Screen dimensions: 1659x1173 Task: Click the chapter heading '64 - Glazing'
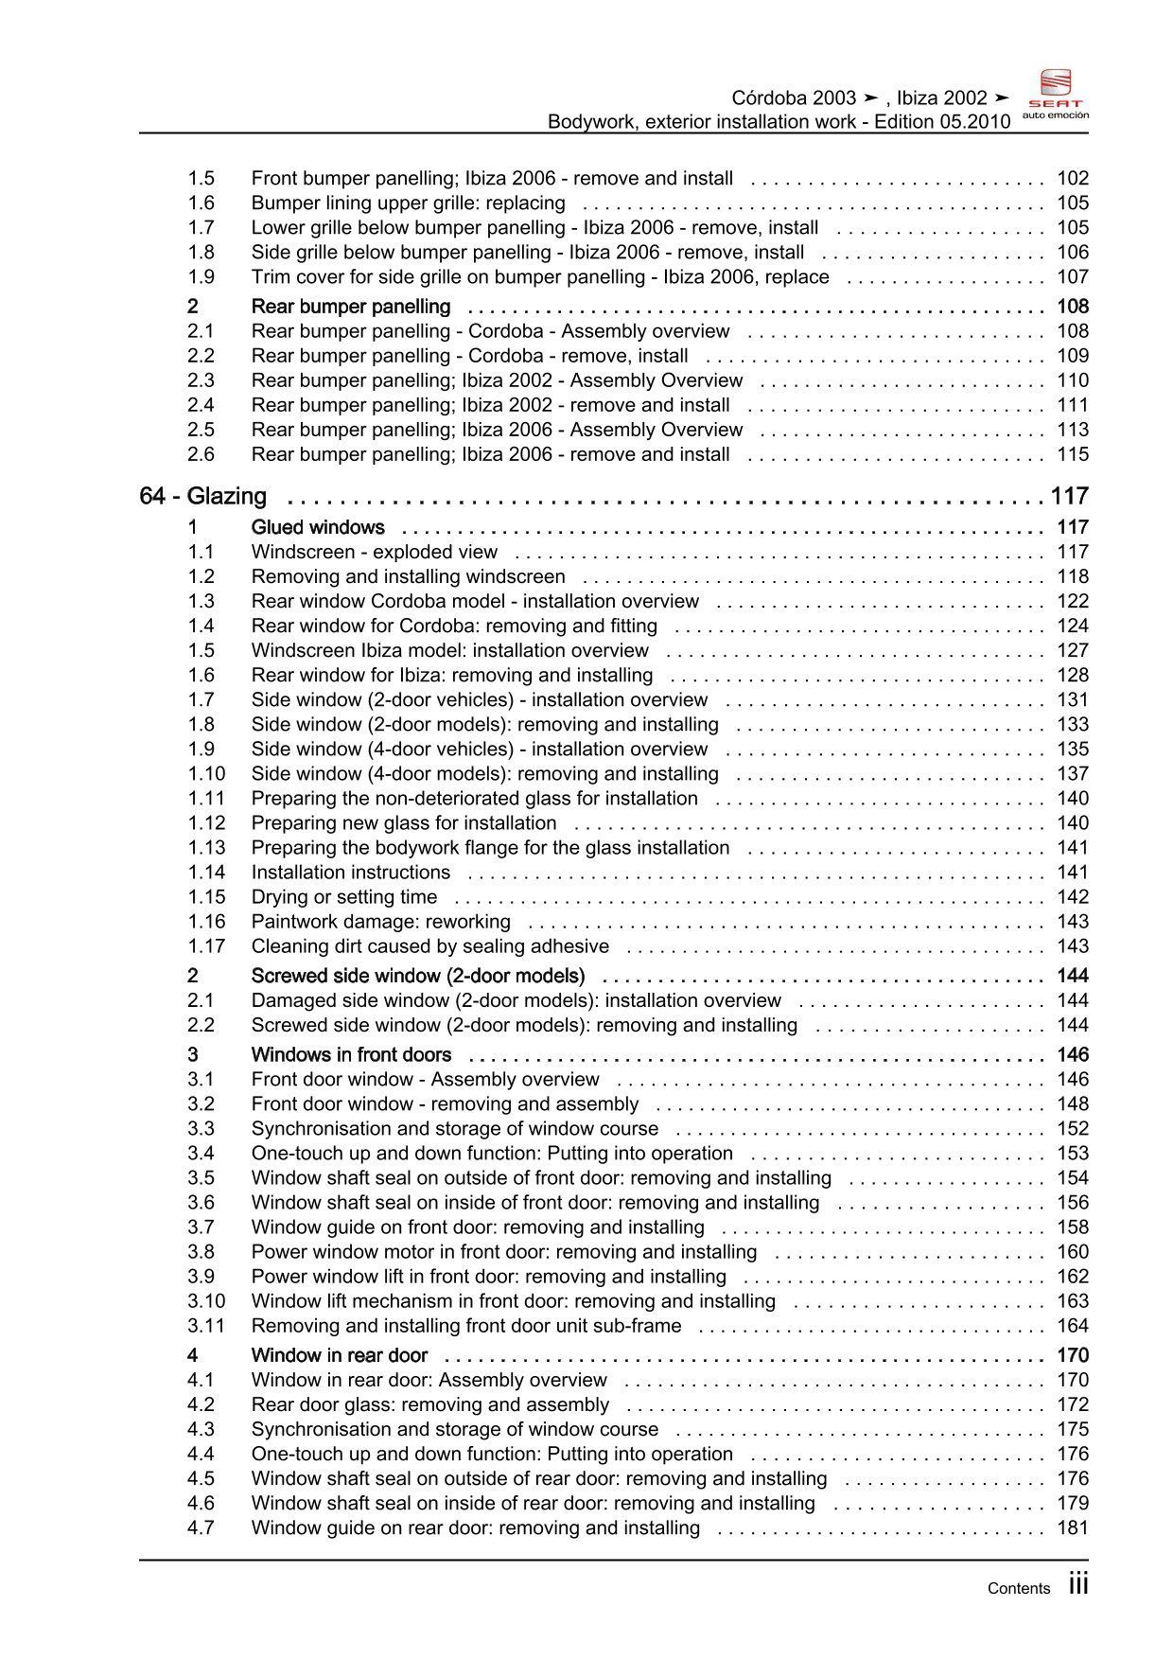(x=203, y=496)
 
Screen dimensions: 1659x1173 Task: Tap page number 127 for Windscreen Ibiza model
(x=1073, y=650)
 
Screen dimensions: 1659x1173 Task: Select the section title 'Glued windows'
(x=318, y=527)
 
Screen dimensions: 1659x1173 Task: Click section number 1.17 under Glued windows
(x=206, y=946)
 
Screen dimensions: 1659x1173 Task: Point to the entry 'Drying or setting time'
(x=344, y=897)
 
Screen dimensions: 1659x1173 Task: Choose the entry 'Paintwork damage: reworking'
(x=380, y=922)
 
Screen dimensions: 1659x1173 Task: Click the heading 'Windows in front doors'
(x=351, y=1054)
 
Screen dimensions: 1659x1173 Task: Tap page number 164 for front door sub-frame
(x=1073, y=1326)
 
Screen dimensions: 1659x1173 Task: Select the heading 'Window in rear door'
(x=339, y=1355)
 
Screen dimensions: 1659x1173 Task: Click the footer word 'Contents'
(x=1018, y=1589)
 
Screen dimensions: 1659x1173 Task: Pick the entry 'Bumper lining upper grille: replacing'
(x=408, y=203)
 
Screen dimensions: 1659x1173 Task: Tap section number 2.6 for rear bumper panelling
(x=201, y=454)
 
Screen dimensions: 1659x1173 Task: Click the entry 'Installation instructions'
(x=350, y=873)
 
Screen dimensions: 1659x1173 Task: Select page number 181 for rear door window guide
(x=1073, y=1527)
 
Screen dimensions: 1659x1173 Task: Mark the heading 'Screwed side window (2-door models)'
(x=417, y=976)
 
